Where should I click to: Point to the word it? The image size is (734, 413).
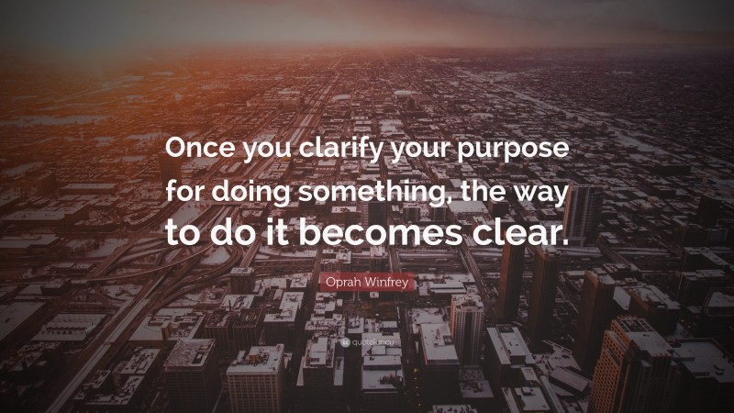click(x=270, y=231)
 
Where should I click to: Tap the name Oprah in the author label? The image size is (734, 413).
click(x=341, y=285)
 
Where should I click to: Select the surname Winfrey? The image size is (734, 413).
click(x=388, y=285)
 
